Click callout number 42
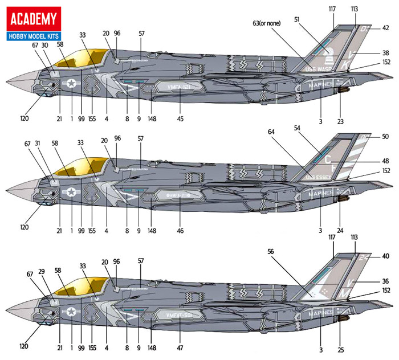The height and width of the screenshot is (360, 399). tap(385, 27)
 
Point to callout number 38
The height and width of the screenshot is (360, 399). tap(385, 53)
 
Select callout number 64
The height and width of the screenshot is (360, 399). tap(269, 132)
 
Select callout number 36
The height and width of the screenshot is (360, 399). tap(385, 281)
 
